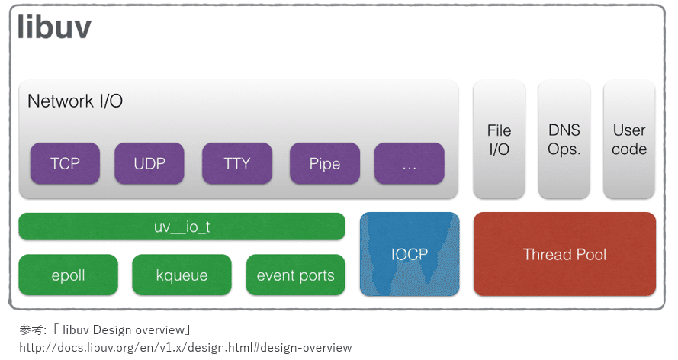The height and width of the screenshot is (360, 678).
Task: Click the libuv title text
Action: [x=55, y=28]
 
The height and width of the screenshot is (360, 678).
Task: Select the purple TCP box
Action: [x=65, y=163]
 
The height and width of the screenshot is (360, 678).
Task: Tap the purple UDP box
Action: [x=149, y=163]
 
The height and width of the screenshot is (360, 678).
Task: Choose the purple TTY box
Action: [x=237, y=163]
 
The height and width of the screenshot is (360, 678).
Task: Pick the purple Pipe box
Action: [x=325, y=163]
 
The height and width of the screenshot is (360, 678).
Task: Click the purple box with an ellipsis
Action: [x=409, y=163]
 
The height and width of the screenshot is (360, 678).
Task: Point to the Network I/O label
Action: [x=75, y=101]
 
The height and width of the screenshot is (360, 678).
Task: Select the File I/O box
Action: [x=500, y=140]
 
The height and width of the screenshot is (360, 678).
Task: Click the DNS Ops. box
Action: [x=564, y=140]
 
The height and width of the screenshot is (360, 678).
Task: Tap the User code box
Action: [x=629, y=140]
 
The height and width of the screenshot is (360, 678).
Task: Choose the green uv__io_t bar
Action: [x=182, y=227]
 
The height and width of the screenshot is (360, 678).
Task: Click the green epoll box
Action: [x=69, y=275]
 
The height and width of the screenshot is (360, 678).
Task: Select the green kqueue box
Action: [x=182, y=275]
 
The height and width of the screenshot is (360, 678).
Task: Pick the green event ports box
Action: [x=295, y=275]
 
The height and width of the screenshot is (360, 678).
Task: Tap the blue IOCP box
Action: [x=410, y=254]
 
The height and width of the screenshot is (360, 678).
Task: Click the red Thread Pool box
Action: [x=564, y=254]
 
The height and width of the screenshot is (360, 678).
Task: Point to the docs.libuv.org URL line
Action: [x=185, y=348]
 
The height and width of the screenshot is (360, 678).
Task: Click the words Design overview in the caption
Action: [x=140, y=330]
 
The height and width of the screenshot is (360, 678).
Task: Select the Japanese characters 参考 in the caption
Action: [x=31, y=330]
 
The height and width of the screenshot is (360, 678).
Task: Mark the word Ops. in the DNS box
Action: [x=564, y=149]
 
